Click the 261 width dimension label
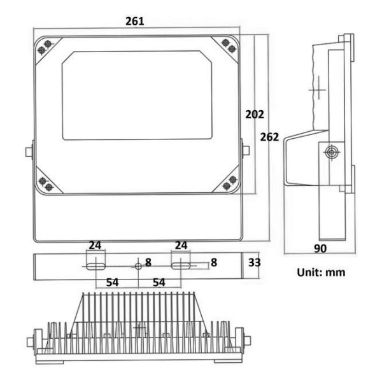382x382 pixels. [x=135, y=22]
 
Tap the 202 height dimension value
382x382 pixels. [x=255, y=115]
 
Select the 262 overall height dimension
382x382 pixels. [x=269, y=137]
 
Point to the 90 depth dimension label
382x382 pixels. [x=320, y=248]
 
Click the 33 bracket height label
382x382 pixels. [x=254, y=262]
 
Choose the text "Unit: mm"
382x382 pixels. [x=321, y=272]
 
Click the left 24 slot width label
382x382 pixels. [x=95, y=245]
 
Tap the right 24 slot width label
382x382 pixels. [x=181, y=245]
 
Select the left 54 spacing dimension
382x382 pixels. [x=112, y=282]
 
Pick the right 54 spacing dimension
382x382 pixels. [x=159, y=282]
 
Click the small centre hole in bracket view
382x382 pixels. [x=138, y=266]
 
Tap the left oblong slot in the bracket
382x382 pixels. [x=95, y=266]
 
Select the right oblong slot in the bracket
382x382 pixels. [x=181, y=266]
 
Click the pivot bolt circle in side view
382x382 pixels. [x=332, y=153]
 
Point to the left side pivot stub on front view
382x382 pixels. [x=29, y=152]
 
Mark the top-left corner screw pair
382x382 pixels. [x=45, y=47]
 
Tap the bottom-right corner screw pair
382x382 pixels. [x=230, y=183]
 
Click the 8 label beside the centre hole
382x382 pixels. [x=148, y=262]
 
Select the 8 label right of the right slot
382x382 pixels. [x=214, y=262]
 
